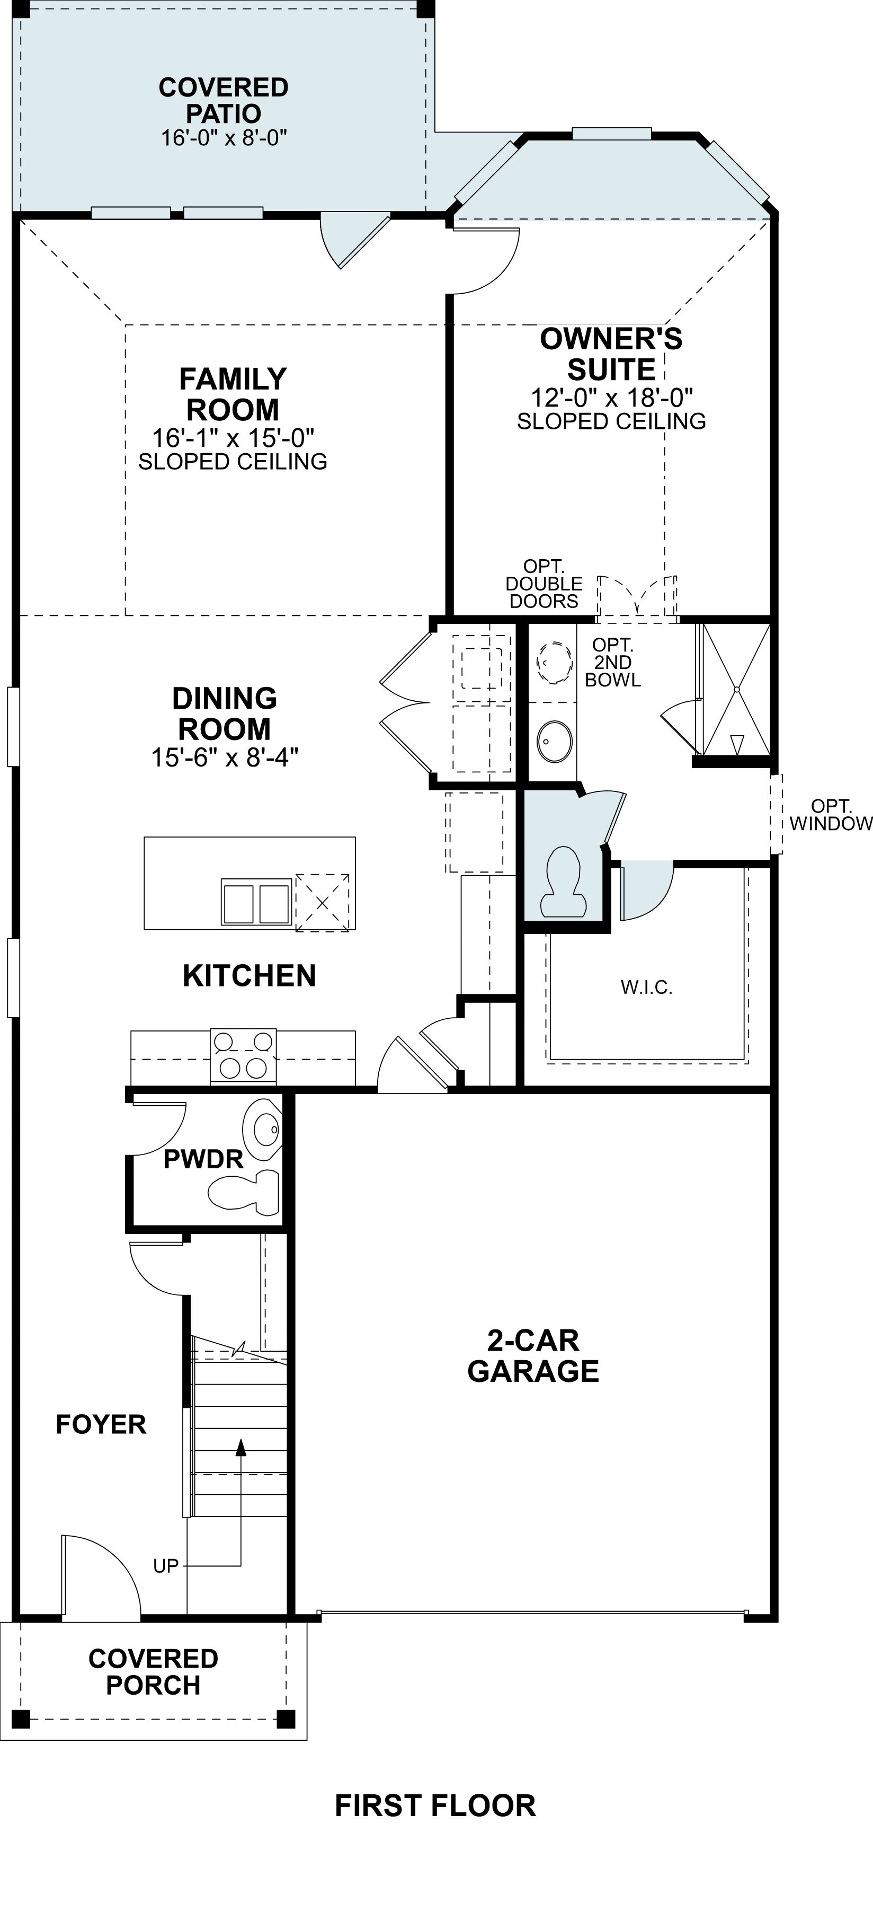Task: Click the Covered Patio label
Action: point(224,101)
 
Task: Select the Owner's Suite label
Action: point(611,354)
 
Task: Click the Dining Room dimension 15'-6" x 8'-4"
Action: point(225,757)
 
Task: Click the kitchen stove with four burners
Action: point(243,1056)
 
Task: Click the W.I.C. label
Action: point(646,988)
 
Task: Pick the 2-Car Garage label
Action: point(533,1356)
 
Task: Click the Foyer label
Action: point(101,1424)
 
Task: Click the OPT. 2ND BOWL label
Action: point(613,662)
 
